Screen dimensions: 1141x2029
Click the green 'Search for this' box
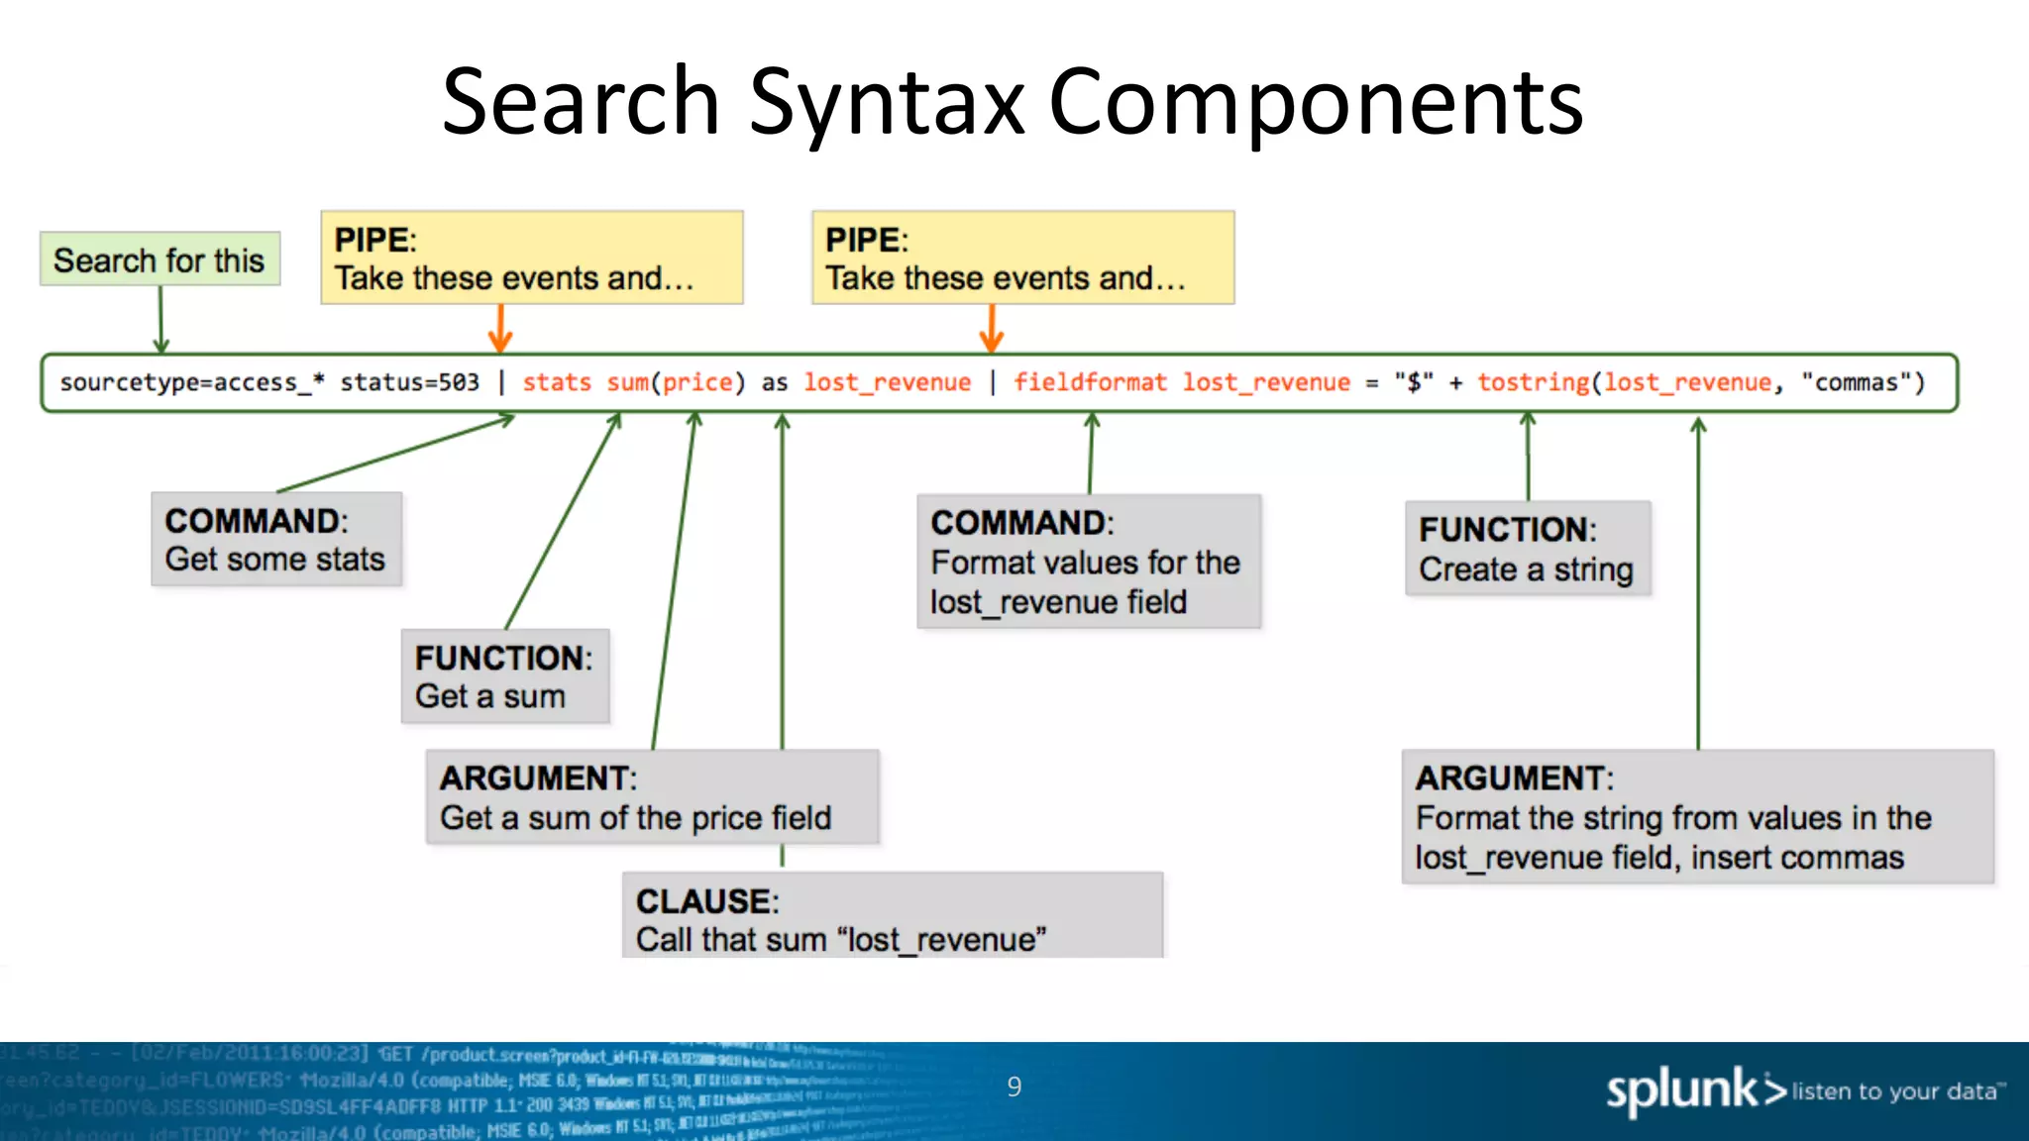160,259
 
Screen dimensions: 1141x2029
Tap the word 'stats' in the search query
556,382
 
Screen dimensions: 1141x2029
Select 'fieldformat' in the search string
1089,382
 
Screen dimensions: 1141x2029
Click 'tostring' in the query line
1533,382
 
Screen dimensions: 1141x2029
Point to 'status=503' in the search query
409,382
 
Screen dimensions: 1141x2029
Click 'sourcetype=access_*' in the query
191,382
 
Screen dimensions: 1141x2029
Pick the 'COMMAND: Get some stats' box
276,540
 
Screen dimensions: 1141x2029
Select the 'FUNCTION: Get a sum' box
505,676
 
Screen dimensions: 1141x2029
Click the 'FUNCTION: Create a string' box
1528,549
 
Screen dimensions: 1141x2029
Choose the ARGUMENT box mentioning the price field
652,797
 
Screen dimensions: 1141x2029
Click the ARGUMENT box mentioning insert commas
1697,817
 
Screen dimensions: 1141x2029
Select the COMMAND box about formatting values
1088,562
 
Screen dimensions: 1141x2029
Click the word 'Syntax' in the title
887,102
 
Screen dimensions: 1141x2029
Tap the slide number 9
1014,1088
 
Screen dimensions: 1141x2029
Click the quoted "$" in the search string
1414,382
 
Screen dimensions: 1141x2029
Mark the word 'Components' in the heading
1316,102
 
